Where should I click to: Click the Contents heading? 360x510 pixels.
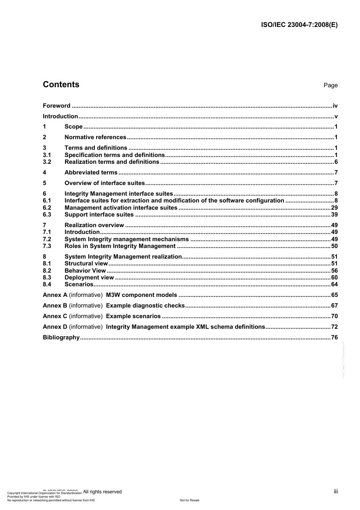[61, 85]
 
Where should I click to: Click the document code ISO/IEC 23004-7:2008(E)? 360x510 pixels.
[299, 25]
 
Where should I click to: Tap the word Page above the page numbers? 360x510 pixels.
[330, 85]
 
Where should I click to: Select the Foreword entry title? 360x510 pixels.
[56, 106]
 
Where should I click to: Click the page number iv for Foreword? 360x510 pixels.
[335, 106]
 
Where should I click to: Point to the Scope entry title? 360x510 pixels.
[74, 127]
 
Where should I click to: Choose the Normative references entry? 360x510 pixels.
[95, 137]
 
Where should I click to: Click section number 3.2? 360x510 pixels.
[47, 162]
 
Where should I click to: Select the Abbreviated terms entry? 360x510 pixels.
[91, 173]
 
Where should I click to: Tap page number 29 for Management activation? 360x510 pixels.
[334, 208]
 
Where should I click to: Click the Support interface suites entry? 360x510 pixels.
[99, 215]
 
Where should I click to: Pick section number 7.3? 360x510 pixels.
[47, 246]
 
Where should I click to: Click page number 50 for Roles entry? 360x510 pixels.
[334, 246]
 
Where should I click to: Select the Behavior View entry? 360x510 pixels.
[85, 271]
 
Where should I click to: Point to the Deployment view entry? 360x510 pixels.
[89, 278]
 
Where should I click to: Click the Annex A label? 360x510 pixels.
[55, 295]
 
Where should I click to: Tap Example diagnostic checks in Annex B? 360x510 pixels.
[145, 306]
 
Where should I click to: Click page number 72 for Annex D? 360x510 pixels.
[334, 327]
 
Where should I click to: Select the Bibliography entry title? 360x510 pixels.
[61, 337]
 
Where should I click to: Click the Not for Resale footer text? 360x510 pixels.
[189, 500]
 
